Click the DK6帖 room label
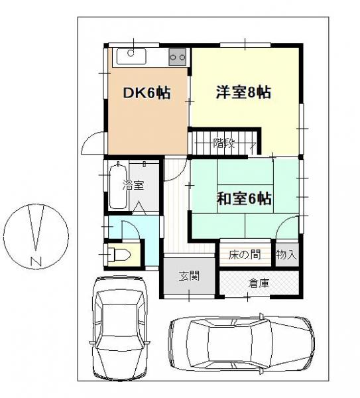coord(147,94)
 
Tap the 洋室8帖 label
coord(243,93)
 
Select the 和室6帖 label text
coord(245,198)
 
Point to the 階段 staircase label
coord(223,142)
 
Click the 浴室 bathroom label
coord(133,186)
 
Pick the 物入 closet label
coord(286,255)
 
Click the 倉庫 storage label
coord(259,283)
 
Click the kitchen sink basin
coord(133,56)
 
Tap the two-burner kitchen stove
coord(178,57)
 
